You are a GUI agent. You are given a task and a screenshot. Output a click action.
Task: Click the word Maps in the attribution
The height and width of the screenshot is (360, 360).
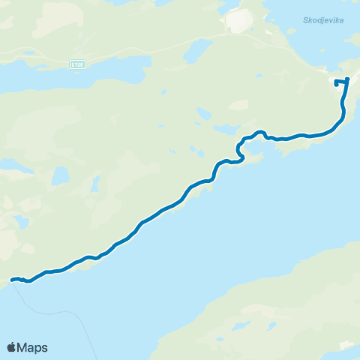tap(34, 347)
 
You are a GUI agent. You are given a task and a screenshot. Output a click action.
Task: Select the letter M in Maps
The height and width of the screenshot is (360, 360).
tap(24, 347)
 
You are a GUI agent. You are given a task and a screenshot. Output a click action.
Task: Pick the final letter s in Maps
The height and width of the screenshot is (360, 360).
tap(45, 347)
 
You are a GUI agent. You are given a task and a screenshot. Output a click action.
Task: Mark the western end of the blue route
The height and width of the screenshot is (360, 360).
tap(12, 280)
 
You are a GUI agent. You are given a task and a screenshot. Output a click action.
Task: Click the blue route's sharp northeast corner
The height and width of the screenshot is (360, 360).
tap(348, 79)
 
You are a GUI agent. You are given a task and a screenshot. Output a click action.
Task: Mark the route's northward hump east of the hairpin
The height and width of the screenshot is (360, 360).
tap(260, 133)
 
